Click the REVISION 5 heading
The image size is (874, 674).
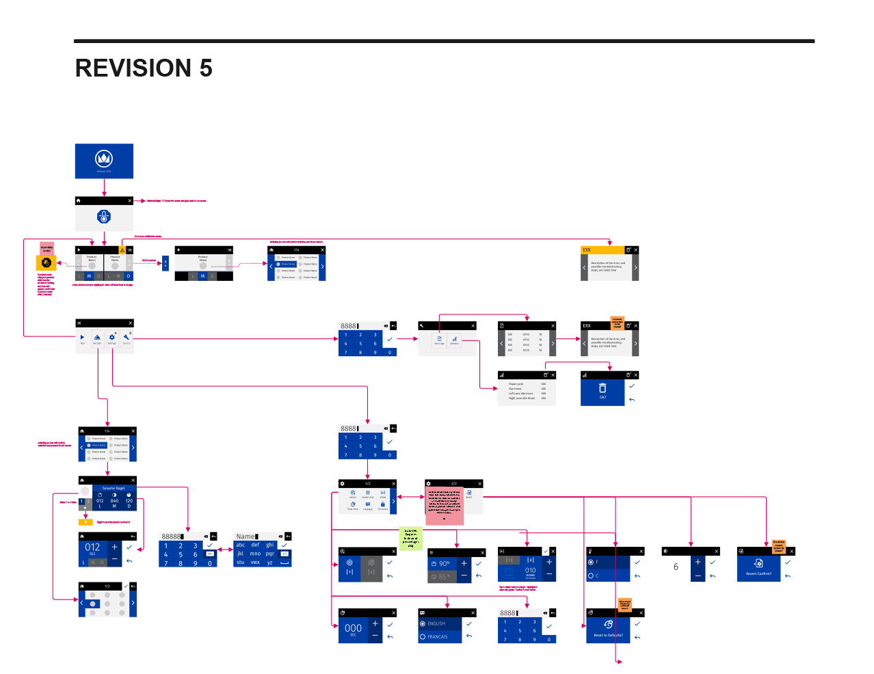[x=144, y=68]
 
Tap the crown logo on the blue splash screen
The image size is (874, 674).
[x=104, y=159]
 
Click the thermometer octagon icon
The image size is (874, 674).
[x=104, y=217]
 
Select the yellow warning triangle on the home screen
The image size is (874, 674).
[x=122, y=250]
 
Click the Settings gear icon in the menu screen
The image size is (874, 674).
[x=112, y=338]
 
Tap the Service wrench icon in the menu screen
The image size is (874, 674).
[x=127, y=338]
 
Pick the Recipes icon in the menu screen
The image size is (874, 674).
[x=97, y=338]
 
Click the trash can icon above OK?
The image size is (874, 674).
[x=602, y=388]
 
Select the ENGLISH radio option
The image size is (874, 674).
[x=436, y=623]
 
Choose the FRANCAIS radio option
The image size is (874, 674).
[x=437, y=636]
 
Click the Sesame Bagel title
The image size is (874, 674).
[x=114, y=488]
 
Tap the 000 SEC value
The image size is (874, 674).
[x=353, y=628]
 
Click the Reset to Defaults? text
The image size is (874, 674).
[x=608, y=635]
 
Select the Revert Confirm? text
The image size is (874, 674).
[x=758, y=574]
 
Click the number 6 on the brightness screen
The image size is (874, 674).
[x=676, y=567]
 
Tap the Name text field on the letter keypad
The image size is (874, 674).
[x=246, y=537]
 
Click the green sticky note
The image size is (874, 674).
[x=410, y=539]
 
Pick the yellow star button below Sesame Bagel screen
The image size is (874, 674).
[x=85, y=522]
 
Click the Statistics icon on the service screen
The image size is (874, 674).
[x=454, y=339]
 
